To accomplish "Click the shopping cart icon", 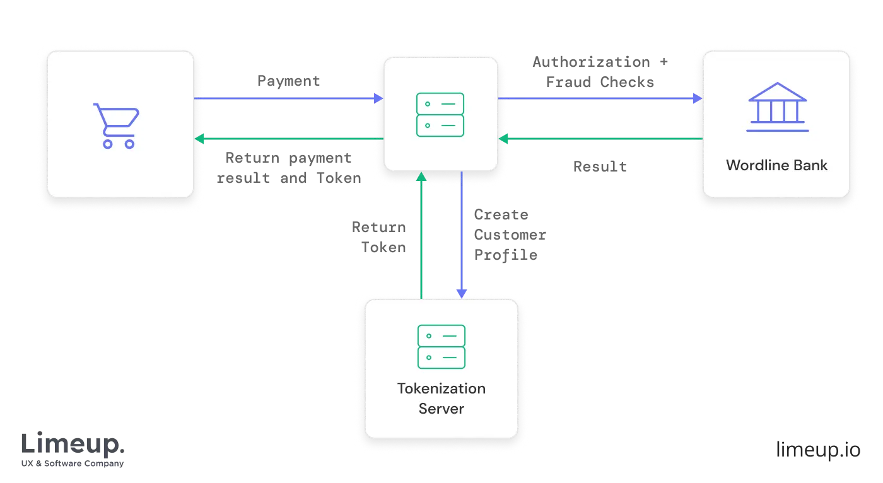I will click(x=117, y=125).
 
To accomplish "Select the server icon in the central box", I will click(x=440, y=115).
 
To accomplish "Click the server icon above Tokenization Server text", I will click(x=441, y=347).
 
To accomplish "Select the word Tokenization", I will click(x=441, y=388).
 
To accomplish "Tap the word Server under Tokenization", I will click(x=441, y=409).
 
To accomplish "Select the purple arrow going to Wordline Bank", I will click(x=599, y=98).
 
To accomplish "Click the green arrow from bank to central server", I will click(x=599, y=138).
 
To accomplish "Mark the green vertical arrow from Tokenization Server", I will click(x=421, y=233).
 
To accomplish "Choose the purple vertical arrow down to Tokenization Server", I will click(x=462, y=233).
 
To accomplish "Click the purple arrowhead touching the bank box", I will click(x=698, y=98).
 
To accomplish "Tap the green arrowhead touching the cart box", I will click(x=199, y=138).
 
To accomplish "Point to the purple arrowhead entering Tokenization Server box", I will click(x=462, y=293).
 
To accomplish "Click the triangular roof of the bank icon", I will click(x=777, y=92).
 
